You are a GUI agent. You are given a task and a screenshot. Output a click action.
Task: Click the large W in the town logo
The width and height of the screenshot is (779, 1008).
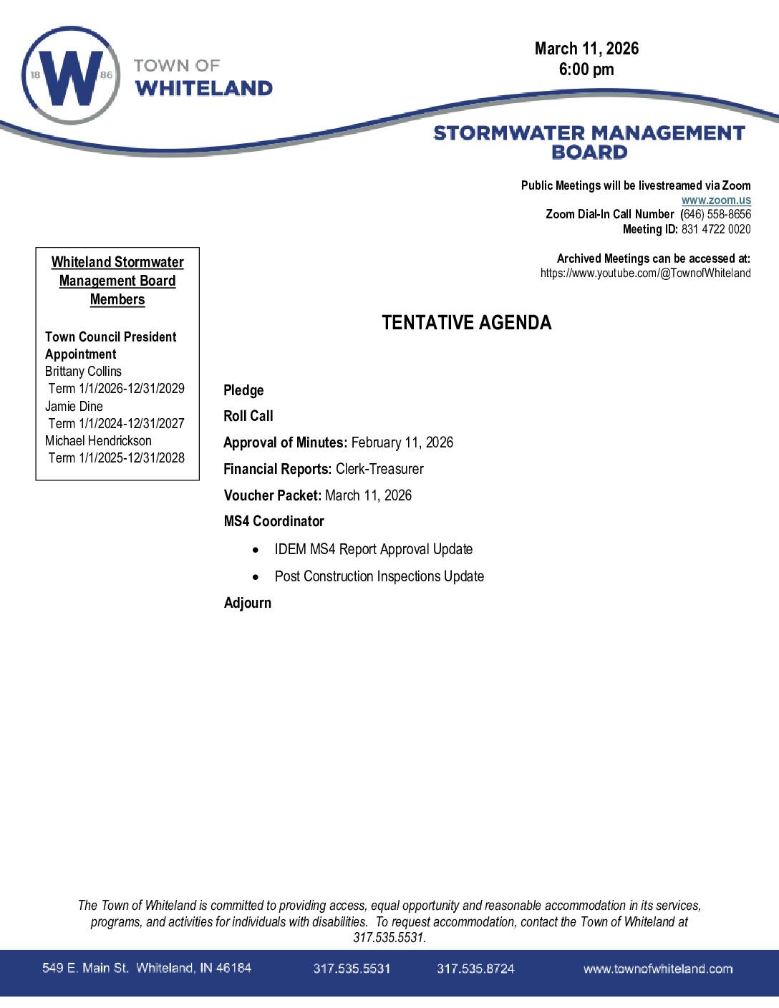point(69,77)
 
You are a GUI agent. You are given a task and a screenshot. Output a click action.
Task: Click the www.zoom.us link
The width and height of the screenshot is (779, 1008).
point(715,200)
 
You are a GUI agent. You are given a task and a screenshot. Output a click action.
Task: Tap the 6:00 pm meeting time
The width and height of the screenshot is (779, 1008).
point(586,69)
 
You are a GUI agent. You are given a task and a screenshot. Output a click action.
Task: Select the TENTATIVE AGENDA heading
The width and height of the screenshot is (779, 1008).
point(466,323)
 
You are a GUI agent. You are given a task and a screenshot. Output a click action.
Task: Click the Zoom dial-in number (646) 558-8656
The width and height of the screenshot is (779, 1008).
point(715,214)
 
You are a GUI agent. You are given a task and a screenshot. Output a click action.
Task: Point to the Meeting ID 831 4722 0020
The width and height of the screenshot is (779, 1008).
point(715,229)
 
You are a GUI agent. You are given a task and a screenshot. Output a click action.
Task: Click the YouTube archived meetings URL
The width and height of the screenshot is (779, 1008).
point(645,273)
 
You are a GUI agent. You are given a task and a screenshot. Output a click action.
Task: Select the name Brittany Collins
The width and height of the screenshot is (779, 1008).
point(83,372)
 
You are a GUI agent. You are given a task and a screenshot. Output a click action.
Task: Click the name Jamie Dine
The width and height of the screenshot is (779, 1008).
point(74,406)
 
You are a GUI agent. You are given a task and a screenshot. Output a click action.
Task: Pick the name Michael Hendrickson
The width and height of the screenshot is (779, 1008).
point(98,440)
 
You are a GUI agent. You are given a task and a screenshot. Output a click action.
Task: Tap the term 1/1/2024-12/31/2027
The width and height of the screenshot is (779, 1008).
point(116,423)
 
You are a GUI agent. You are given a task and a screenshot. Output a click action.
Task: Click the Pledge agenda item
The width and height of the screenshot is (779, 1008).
point(243,390)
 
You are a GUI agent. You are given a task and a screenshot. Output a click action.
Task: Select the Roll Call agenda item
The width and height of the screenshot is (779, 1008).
point(248,416)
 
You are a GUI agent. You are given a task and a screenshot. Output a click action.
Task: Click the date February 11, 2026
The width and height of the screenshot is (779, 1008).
point(402,442)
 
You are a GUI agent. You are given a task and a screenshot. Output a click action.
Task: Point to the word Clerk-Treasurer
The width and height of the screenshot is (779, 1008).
point(379,469)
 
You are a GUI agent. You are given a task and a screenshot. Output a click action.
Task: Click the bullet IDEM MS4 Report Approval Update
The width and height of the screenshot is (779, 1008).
point(373,549)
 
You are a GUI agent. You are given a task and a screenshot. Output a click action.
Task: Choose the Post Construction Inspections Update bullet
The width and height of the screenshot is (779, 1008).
point(379,576)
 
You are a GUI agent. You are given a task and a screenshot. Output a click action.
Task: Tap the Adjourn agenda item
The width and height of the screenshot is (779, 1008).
point(247,603)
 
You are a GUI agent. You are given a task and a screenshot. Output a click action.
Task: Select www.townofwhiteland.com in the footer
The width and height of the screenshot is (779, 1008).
point(657,969)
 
